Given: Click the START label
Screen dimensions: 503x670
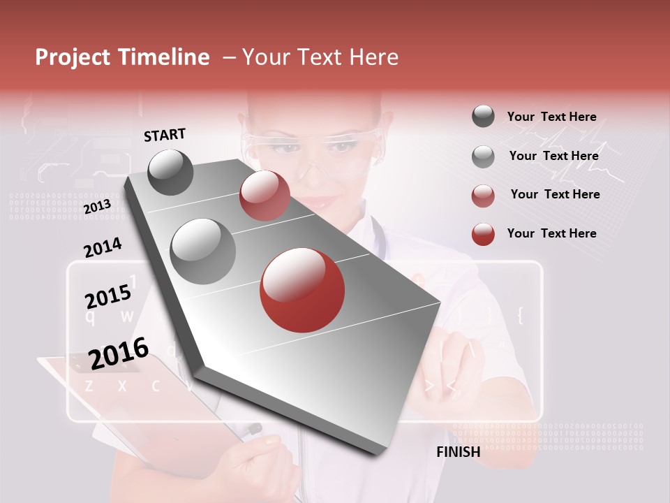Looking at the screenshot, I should point(165,135).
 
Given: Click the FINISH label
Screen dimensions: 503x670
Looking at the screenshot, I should point(458,451).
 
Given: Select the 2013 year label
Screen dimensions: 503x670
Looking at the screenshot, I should point(97,207).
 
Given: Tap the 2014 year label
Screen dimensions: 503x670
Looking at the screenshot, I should point(103,248).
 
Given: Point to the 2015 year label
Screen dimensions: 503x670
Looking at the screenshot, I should point(108,297).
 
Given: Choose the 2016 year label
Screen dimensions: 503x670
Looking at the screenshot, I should point(119,353).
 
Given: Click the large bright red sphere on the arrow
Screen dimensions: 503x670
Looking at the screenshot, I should point(302,290).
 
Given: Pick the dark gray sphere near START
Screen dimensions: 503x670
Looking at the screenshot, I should point(170,172).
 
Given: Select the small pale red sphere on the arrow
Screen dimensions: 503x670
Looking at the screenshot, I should point(265,196).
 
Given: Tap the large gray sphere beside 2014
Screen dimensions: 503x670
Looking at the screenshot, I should point(203,251).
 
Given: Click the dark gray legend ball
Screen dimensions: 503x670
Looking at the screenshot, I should point(483,116).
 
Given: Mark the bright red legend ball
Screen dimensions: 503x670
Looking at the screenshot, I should point(483,234).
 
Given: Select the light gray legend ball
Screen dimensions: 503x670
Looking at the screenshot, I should point(483,156).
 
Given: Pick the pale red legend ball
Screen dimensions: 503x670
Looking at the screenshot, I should point(483,196).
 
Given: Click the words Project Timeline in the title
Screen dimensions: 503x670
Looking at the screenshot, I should point(122,57).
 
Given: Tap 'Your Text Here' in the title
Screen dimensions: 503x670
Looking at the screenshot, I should point(320,57).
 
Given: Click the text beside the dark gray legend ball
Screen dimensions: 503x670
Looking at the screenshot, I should point(551,117).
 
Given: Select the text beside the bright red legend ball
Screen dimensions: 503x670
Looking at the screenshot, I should point(551,233).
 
